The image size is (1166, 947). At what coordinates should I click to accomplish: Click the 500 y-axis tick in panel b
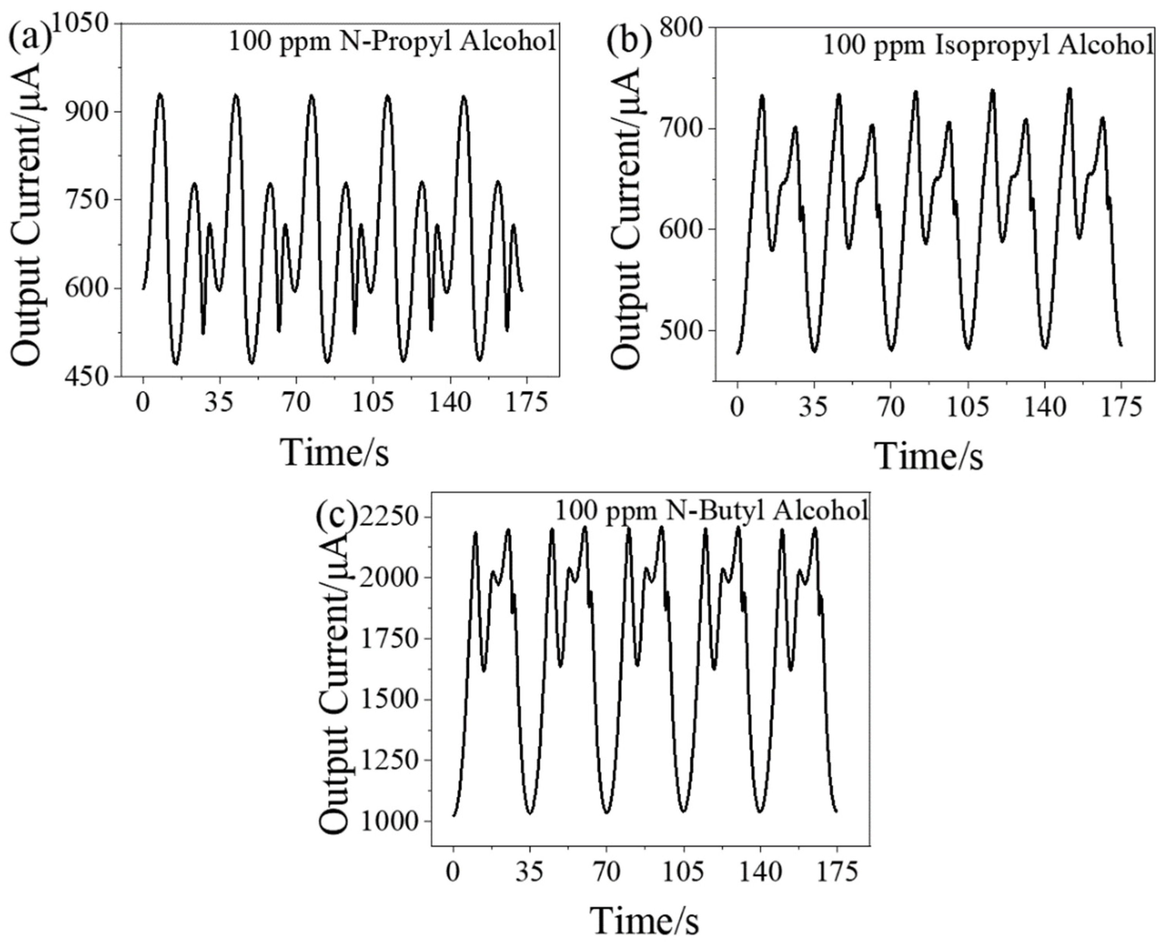[x=681, y=331]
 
